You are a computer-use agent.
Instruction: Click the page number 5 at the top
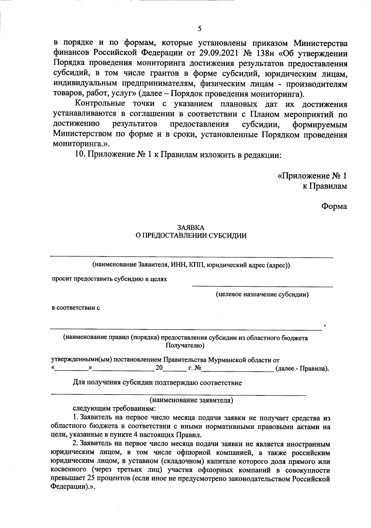pos(199,29)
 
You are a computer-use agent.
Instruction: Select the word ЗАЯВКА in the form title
pos(191,227)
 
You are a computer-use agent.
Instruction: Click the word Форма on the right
pos(334,206)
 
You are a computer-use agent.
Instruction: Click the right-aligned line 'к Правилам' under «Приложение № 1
pos(325,186)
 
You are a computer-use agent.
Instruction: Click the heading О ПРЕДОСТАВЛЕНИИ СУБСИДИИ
pos(191,236)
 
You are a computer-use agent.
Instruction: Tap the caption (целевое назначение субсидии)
pos(262,294)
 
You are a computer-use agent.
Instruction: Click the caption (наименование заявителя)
pos(191,400)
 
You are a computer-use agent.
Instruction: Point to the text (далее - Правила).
pos(302,369)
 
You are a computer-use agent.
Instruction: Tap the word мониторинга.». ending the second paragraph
pos(82,144)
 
